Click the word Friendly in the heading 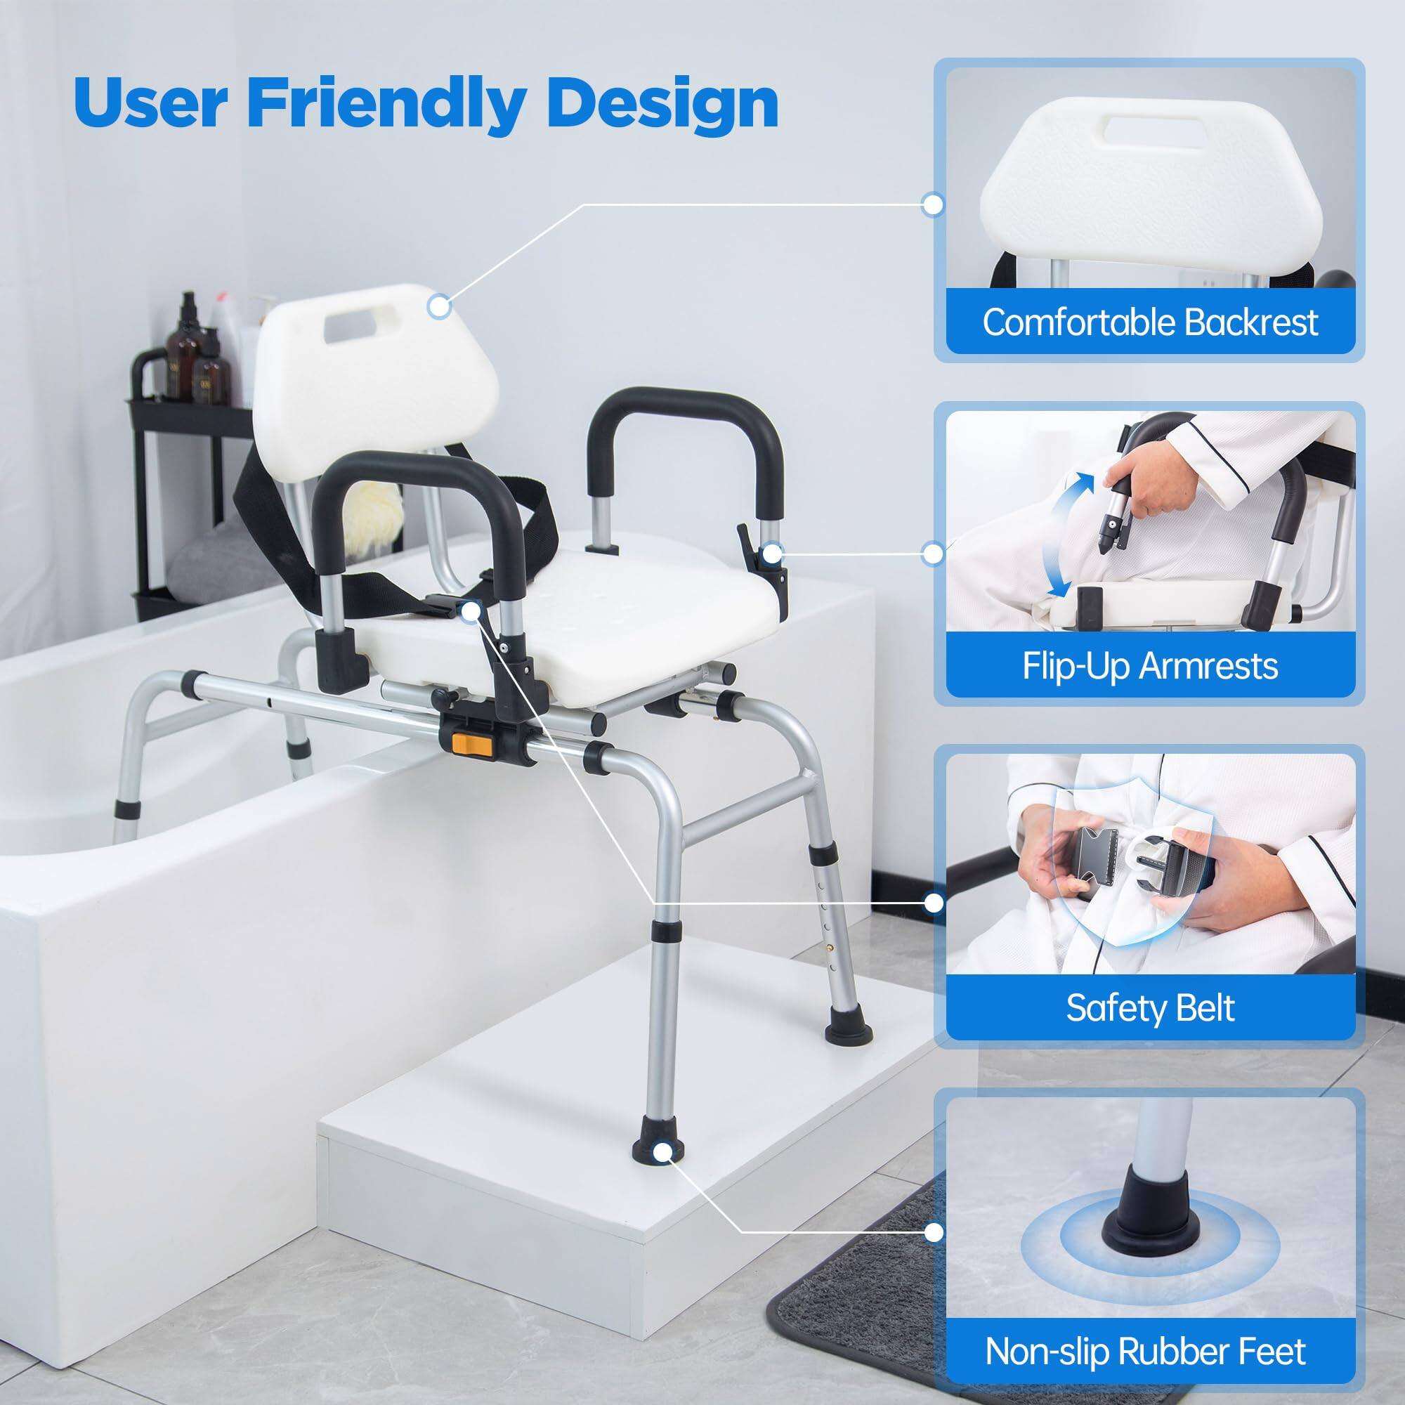tap(386, 103)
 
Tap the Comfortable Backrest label tap(1150, 322)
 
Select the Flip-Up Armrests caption tap(1150, 665)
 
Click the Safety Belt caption tap(1150, 1008)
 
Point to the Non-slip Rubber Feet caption tap(1145, 1351)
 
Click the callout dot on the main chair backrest tap(438, 306)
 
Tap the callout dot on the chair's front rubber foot tap(661, 1151)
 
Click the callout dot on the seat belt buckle tap(471, 612)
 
